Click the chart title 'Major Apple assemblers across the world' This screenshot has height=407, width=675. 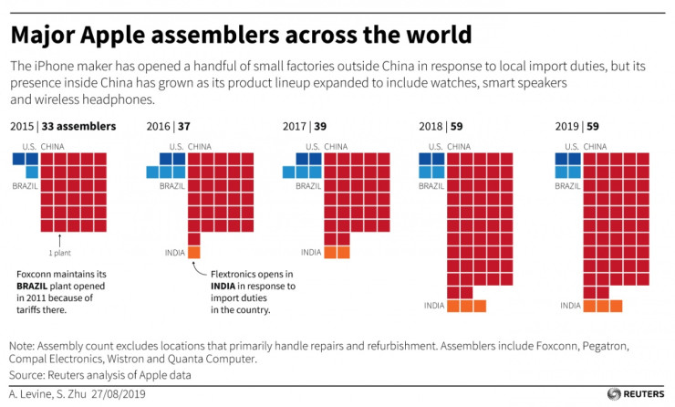coord(241,36)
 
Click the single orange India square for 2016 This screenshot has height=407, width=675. coord(194,253)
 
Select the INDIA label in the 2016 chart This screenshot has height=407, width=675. coord(173,253)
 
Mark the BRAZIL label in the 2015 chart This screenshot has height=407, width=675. coord(25,185)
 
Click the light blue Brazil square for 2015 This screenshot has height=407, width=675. coord(32,172)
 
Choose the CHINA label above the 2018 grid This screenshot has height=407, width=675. coord(460,145)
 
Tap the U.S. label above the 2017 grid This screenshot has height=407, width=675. coord(313,145)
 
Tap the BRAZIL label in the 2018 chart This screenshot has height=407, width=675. coord(431,185)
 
